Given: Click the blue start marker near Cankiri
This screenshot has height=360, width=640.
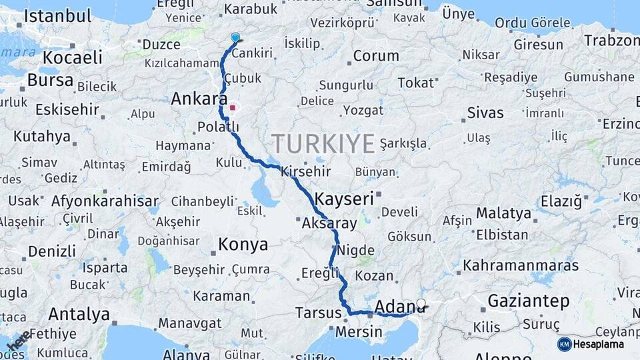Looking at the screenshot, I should (x=235, y=38).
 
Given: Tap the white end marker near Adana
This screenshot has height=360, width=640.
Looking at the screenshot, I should (x=421, y=304).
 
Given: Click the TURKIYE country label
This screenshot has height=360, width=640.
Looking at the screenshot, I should (x=323, y=143).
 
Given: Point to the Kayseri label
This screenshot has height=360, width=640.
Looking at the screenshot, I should (x=343, y=199).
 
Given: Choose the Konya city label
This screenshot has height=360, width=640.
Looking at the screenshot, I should (x=243, y=245).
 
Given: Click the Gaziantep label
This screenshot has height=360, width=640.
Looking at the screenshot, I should (x=529, y=301).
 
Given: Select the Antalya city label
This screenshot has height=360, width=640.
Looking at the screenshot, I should (x=79, y=313).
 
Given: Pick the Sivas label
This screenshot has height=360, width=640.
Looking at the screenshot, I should (x=485, y=113).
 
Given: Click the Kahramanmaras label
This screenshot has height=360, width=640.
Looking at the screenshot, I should (x=521, y=265).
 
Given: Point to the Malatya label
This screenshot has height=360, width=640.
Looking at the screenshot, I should (x=503, y=214).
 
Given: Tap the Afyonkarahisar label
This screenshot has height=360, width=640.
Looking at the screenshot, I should (x=105, y=201).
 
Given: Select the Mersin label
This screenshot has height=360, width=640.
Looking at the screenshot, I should (x=359, y=331).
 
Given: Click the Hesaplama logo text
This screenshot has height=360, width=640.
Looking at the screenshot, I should (x=599, y=344).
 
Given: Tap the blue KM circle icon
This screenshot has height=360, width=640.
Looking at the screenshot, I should (x=564, y=344).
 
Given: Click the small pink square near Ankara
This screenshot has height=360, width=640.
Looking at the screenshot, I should (x=233, y=107).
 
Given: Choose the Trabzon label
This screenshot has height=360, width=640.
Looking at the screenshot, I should (x=612, y=41).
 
